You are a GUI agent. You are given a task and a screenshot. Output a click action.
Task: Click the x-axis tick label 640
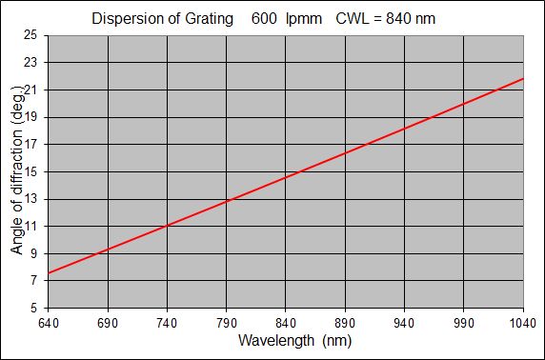48,324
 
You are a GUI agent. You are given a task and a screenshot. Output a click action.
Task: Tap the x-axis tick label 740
167,324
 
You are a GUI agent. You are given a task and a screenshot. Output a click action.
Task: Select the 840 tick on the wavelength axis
286,324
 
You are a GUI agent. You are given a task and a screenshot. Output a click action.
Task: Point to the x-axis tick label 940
405,324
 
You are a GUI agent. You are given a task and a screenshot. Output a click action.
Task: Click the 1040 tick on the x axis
523,324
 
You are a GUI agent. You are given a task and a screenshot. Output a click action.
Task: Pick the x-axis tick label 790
227,324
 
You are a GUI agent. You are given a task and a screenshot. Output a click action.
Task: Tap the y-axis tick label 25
31,35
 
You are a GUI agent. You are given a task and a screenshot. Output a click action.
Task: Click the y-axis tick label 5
35,310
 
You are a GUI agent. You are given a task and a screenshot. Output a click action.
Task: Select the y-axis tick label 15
31,172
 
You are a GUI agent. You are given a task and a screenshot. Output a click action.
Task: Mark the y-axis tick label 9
35,254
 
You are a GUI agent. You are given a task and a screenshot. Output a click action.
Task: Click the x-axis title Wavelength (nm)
286,341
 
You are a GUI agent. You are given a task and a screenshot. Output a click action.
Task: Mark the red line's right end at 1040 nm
523,78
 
